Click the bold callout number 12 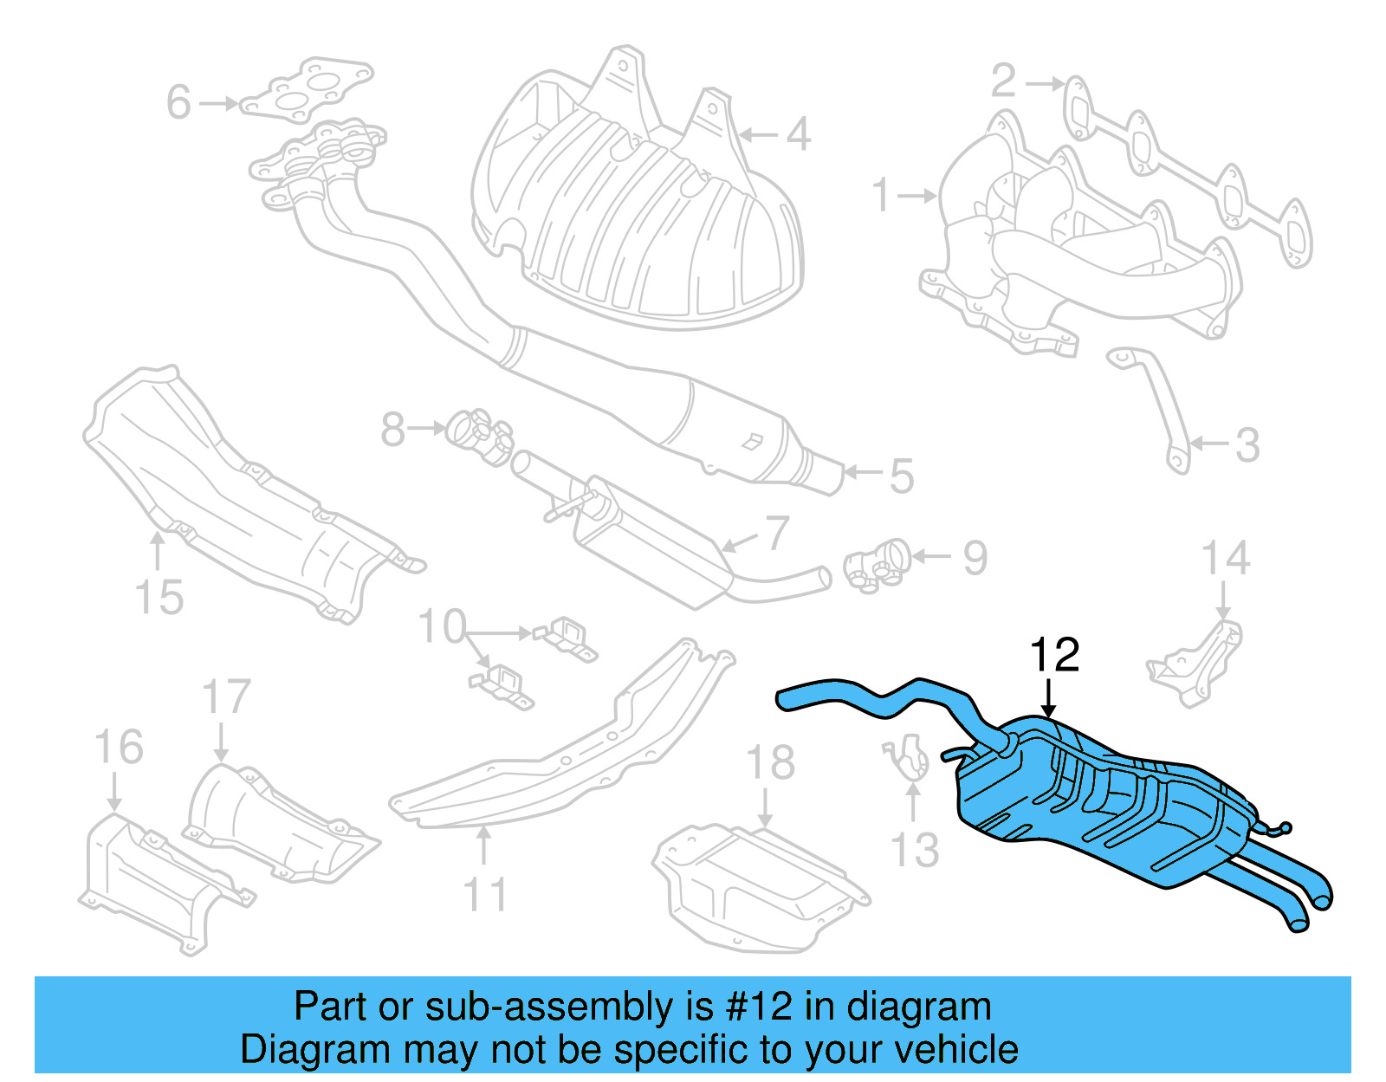(x=1054, y=656)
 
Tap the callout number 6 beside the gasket (x=178, y=102)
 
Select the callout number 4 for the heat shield (x=798, y=134)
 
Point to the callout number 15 (x=159, y=597)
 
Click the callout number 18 (x=770, y=763)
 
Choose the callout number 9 (x=975, y=558)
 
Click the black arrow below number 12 (x=1049, y=698)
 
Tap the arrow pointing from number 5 (x=862, y=472)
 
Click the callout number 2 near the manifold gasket (x=1003, y=81)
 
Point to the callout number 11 (x=484, y=894)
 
